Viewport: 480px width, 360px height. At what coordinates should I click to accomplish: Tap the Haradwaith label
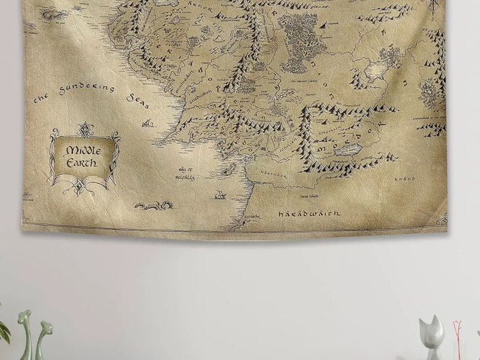(x=308, y=213)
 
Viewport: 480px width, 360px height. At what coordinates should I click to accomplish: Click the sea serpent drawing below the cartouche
(x=155, y=205)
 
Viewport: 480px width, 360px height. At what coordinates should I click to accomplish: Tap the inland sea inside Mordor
(x=346, y=149)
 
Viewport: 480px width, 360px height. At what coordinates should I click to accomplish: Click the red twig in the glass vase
(x=458, y=338)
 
